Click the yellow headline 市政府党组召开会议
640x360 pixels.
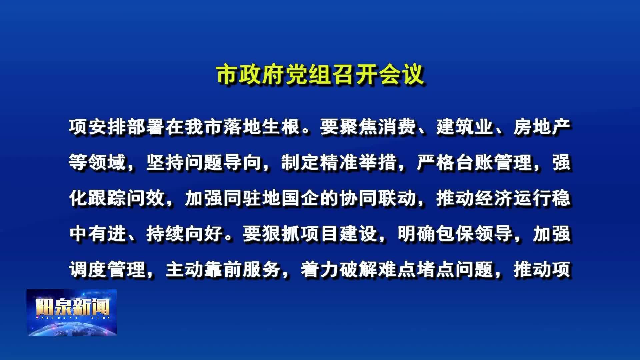[320, 75]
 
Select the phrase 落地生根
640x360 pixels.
[262, 127]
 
